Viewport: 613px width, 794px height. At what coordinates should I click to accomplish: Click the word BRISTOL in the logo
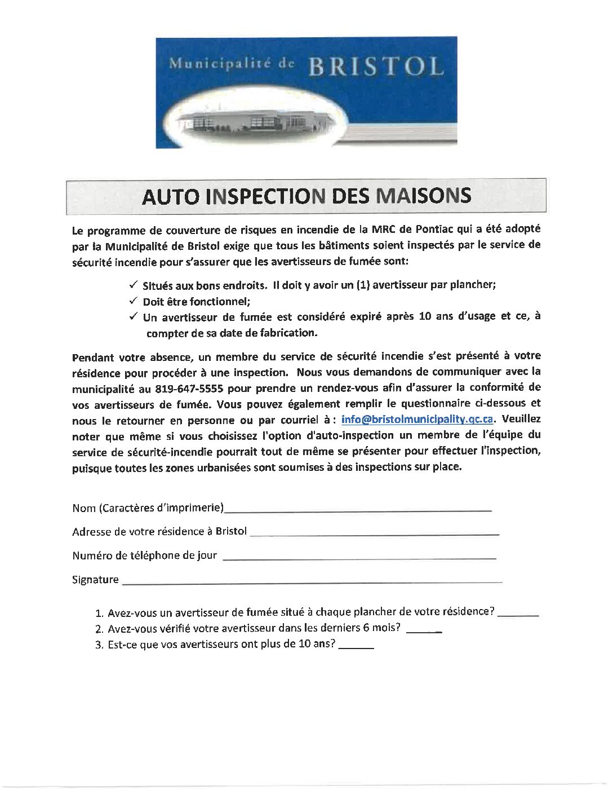[376, 67]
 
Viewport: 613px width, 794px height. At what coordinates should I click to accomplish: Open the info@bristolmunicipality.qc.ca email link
[417, 419]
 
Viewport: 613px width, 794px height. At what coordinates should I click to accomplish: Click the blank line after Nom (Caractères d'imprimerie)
[358, 509]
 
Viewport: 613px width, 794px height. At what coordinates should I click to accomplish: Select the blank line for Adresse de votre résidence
[374, 533]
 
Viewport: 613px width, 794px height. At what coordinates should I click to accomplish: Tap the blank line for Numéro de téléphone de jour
[359, 557]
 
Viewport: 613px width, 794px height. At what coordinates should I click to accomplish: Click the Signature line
[312, 581]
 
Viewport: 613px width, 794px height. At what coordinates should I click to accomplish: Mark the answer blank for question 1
[518, 614]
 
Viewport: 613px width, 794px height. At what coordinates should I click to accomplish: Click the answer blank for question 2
[424, 630]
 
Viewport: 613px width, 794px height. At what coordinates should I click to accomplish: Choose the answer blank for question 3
[357, 647]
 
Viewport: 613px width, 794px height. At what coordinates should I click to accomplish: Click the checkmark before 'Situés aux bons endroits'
[134, 284]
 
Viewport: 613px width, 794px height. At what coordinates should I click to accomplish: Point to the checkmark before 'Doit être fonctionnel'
[134, 301]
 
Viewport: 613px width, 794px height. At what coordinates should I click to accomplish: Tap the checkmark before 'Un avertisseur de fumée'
[134, 316]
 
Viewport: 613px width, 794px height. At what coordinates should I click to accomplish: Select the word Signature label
[95, 580]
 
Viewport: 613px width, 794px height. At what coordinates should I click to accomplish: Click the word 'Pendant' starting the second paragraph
[94, 358]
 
